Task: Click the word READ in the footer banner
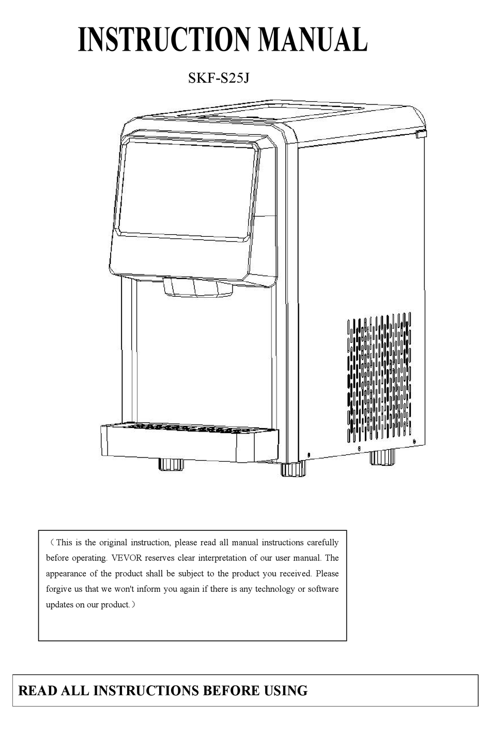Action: [38, 691]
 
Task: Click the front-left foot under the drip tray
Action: [171, 464]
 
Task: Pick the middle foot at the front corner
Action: [293, 469]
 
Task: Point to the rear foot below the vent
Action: [382, 457]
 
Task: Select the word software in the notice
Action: [323, 589]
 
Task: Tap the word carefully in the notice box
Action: [323, 543]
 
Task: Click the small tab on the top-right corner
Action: [421, 134]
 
